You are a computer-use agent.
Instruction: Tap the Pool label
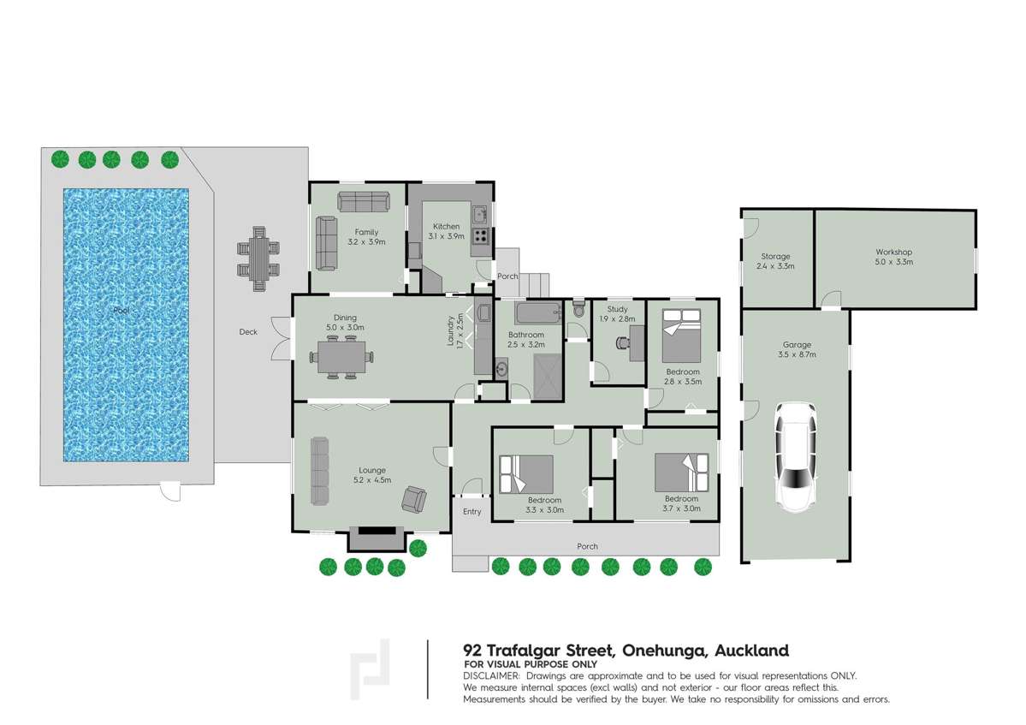122,310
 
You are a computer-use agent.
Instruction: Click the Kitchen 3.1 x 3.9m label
446,231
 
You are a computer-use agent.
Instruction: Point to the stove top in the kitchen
481,235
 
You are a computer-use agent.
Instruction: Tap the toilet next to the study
579,308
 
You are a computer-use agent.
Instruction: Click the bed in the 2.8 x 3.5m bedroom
681,335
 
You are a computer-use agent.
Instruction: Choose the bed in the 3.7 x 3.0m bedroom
681,471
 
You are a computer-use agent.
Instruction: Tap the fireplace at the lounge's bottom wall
376,537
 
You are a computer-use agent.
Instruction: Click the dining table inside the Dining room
342,355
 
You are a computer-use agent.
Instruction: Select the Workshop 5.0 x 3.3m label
893,257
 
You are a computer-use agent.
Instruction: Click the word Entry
471,512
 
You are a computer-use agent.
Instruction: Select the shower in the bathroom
548,377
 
